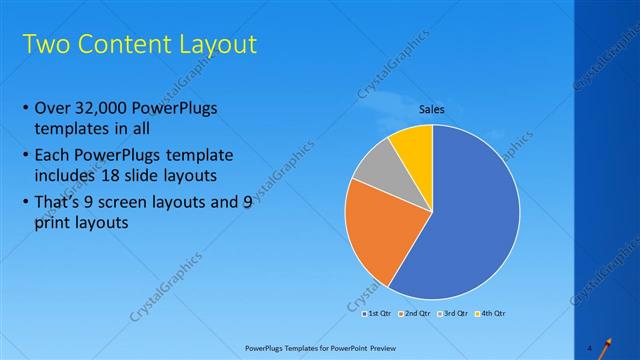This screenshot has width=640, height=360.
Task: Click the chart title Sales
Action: click(x=431, y=109)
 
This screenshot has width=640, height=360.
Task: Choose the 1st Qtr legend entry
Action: click(x=376, y=313)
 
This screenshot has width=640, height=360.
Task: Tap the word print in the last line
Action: click(x=53, y=224)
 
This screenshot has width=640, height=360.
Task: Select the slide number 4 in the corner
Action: click(x=590, y=347)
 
